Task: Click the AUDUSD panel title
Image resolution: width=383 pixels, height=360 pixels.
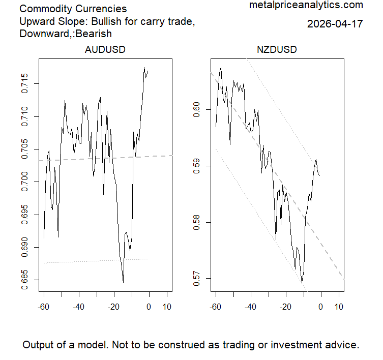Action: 105,50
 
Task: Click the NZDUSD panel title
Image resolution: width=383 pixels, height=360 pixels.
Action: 277,50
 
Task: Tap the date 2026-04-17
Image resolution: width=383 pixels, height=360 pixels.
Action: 335,24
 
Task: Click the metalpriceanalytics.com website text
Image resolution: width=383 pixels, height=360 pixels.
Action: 306,5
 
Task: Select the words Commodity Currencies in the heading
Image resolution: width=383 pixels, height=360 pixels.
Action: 73,9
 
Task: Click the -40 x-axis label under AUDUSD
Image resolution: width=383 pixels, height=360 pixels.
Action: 78,307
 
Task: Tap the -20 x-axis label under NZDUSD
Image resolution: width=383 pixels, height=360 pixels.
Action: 285,307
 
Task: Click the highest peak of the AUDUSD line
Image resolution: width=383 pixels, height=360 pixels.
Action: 144,67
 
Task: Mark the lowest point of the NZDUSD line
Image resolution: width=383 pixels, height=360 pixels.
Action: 302,282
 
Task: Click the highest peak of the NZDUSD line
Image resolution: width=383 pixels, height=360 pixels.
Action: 221,67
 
